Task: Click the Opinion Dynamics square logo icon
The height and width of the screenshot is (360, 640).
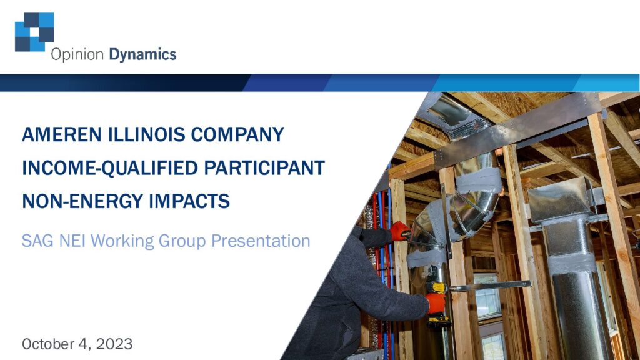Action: pyautogui.click(x=34, y=32)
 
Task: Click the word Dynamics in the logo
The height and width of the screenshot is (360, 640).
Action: pyautogui.click(x=142, y=55)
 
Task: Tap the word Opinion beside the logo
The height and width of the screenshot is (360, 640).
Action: pyautogui.click(x=77, y=55)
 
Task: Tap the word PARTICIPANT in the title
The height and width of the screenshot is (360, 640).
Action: pyautogui.click(x=264, y=167)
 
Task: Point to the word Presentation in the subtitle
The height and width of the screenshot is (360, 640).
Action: pyautogui.click(x=261, y=241)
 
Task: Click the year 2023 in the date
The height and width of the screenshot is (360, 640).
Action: pyautogui.click(x=114, y=344)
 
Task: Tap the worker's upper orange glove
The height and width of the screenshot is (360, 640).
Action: pyautogui.click(x=399, y=232)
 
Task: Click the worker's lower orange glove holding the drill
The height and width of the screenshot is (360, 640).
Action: pyautogui.click(x=436, y=303)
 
